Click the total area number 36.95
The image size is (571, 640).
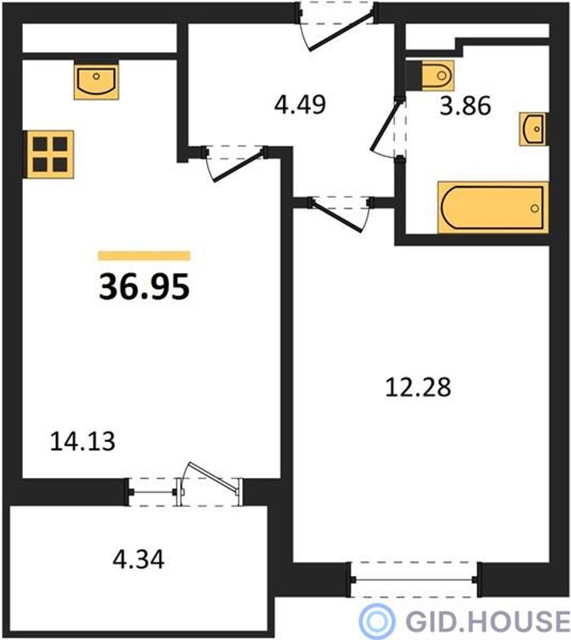[144, 286]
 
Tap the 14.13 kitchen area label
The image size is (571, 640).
[82, 442]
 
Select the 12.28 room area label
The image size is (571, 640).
[418, 387]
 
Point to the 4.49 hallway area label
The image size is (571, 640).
[300, 105]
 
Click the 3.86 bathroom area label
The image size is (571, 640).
[465, 106]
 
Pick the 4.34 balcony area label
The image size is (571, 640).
[138, 559]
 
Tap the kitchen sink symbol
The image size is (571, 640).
[96, 81]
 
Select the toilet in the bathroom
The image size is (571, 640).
[430, 76]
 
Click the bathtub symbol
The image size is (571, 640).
[493, 208]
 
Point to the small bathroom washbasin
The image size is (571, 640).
[533, 129]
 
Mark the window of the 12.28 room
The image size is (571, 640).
[414, 579]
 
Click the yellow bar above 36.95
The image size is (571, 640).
[144, 255]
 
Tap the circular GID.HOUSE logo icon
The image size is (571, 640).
[376, 620]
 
